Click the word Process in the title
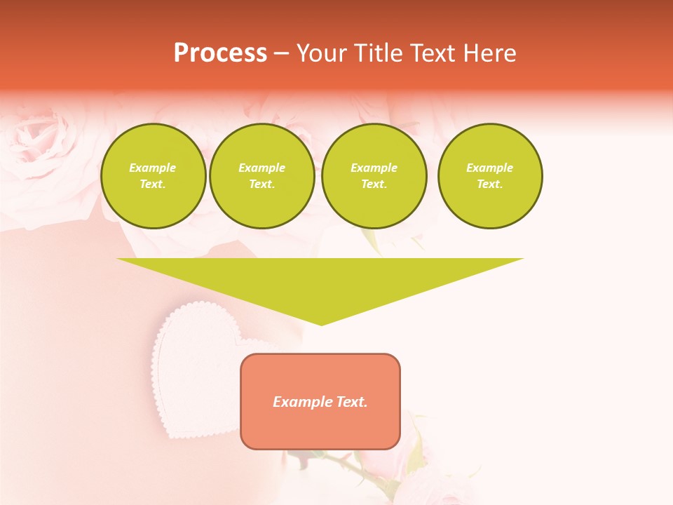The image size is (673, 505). click(x=220, y=53)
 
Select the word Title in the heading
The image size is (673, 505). click(x=379, y=53)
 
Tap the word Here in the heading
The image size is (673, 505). click(x=489, y=53)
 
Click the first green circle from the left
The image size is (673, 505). click(x=153, y=176)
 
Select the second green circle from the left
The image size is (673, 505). click(x=261, y=176)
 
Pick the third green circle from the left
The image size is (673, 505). click(x=374, y=176)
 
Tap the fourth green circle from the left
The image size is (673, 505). click(x=489, y=176)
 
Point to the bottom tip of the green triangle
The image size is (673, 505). click(x=321, y=324)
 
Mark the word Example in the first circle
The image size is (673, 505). click(x=153, y=168)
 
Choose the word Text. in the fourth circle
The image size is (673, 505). click(x=489, y=184)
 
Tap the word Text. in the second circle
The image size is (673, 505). click(x=261, y=184)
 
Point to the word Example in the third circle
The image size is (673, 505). click(x=374, y=168)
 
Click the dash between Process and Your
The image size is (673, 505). click(x=282, y=53)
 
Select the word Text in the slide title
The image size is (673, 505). click(x=433, y=53)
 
